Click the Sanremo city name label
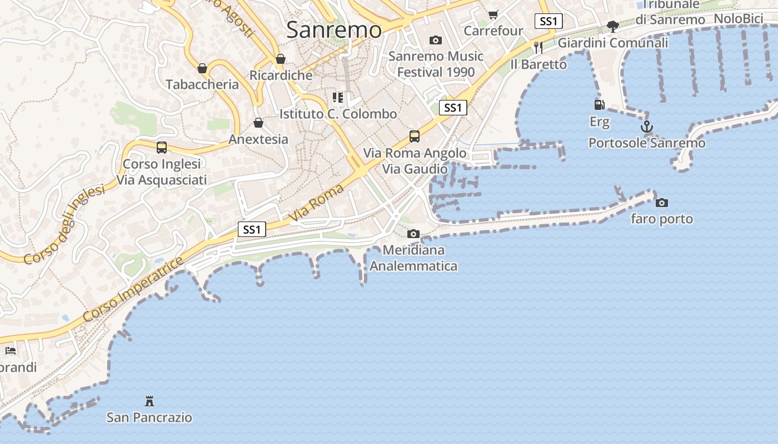(334, 29)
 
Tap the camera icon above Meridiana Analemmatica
(413, 234)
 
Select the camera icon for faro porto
(661, 203)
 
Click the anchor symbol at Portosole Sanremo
(646, 127)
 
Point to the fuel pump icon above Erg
(599, 104)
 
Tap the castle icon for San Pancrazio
(149, 401)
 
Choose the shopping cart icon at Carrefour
(493, 14)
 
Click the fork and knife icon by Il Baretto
(537, 48)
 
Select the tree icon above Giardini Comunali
(612, 26)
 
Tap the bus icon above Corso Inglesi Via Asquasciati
(162, 148)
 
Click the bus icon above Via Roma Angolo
(414, 137)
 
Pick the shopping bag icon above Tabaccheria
(202, 68)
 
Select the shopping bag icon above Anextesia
(258, 123)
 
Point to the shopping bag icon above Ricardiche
(281, 59)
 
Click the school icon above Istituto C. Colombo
(338, 98)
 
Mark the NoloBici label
(738, 19)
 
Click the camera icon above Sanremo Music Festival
(436, 40)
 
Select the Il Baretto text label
(538, 64)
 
